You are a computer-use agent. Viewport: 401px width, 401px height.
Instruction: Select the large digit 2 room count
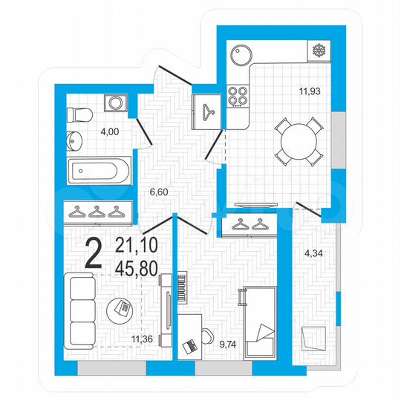(x=94, y=254)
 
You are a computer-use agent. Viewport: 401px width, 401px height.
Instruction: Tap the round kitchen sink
(x=242, y=54)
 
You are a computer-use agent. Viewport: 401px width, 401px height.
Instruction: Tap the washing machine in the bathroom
(x=116, y=106)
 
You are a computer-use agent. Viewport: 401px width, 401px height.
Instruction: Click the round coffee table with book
(x=122, y=307)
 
